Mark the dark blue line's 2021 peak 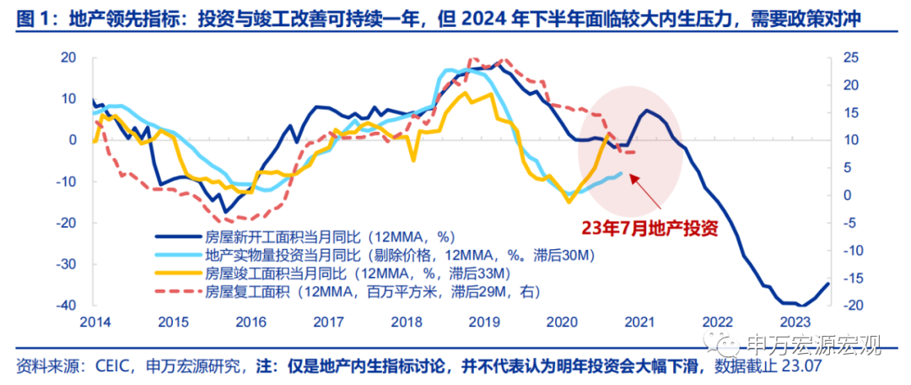point(647,111)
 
